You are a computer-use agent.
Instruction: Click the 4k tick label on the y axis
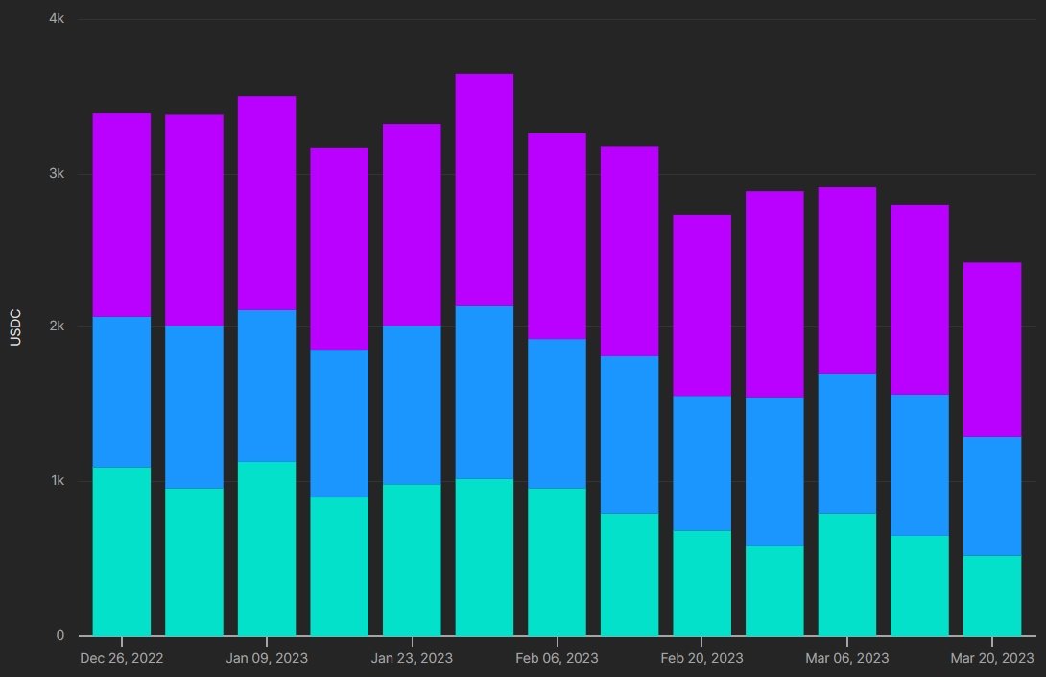56,19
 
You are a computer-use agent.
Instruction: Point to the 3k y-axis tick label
56,174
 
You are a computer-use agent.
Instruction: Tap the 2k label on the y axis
56,326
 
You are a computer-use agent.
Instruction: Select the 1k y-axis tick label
56,481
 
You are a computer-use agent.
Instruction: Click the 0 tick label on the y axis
59,635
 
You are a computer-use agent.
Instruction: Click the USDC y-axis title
15,326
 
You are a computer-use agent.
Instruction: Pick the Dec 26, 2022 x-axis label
122,658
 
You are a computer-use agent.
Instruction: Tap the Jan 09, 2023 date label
267,658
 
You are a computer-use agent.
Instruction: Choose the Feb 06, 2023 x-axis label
557,658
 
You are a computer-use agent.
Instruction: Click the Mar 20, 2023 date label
992,658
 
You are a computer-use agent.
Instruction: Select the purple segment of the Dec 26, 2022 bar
122,215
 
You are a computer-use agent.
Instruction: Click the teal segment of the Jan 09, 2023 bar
267,548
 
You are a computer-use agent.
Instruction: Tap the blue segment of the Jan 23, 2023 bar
412,405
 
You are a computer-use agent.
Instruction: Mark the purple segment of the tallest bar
485,190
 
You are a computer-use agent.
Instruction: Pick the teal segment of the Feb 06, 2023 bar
557,562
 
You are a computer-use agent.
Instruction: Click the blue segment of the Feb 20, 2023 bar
701,463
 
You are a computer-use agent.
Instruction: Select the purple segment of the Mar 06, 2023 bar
846,280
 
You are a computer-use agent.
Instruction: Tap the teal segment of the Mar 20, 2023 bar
992,595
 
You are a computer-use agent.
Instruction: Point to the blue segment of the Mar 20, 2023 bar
992,496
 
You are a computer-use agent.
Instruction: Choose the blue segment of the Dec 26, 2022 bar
122,392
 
